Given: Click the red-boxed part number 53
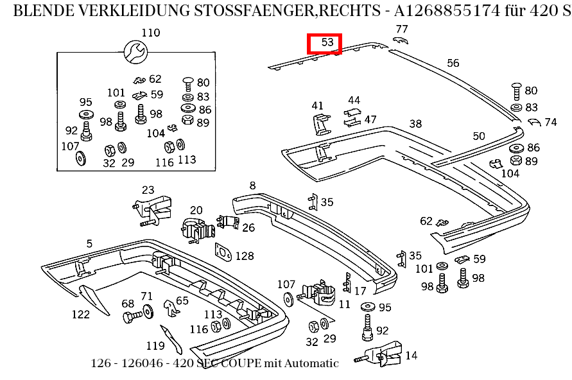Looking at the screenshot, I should pos(325,43).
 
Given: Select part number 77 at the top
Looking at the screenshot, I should pos(402,29).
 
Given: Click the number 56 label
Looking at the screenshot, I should pos(453,63).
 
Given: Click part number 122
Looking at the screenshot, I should pos(80,314).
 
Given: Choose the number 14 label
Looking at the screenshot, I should pos(411,355).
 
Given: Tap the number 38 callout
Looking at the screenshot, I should pos(415,124).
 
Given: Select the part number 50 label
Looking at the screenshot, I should pos(479,135).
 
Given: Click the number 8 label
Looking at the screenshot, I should pos(252,186).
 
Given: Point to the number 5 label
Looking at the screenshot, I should pos(89,243).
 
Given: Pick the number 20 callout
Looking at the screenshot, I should pos(196,210).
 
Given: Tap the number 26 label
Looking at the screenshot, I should pos(248,227).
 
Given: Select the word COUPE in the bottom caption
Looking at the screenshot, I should pos(239,363).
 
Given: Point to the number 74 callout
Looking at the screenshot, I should pos(550,122).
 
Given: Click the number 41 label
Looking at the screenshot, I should pos(318,105).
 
